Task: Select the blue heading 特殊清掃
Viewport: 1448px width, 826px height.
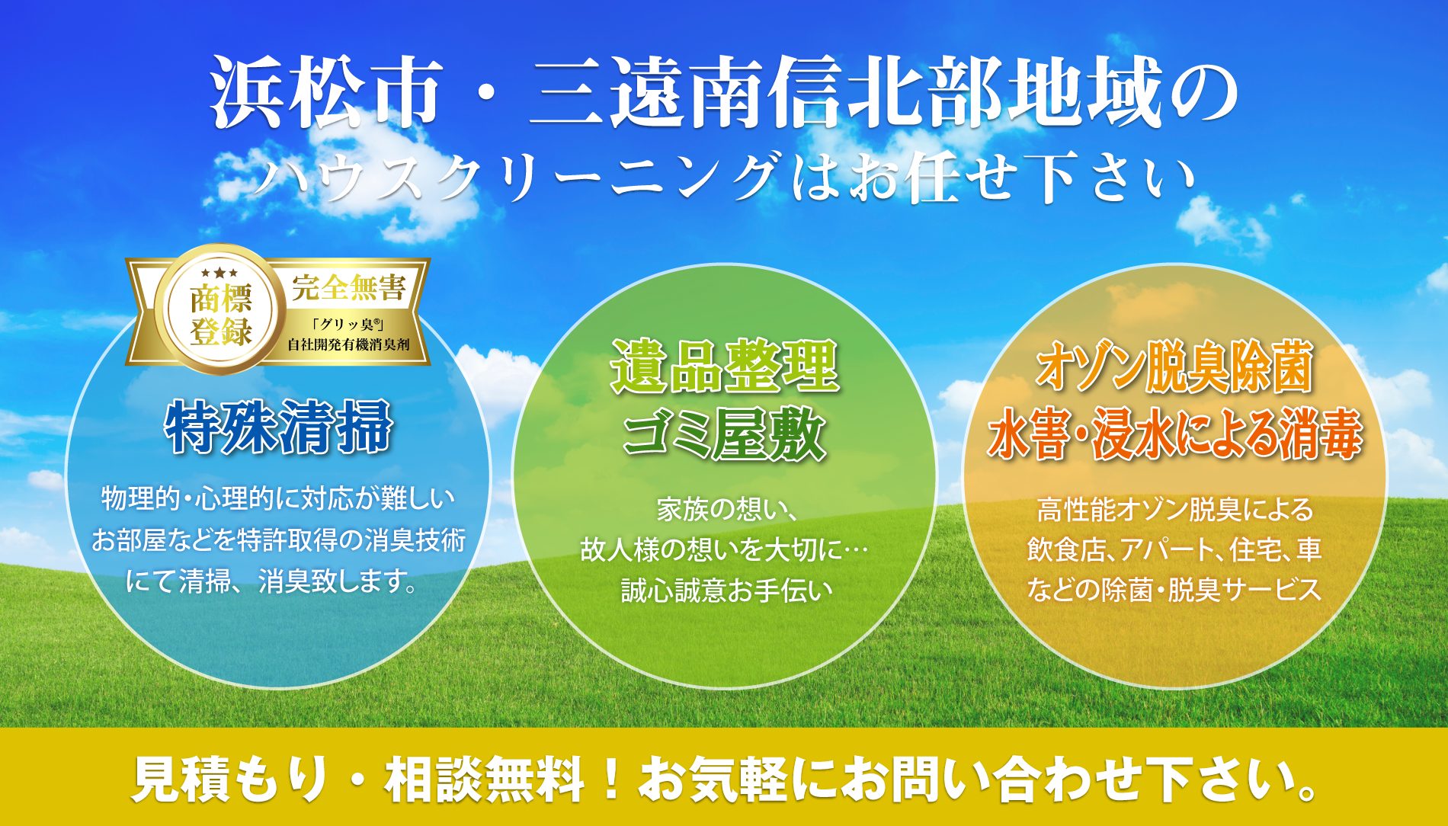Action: [x=279, y=427]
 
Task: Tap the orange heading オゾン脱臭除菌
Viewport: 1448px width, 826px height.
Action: [x=1174, y=368]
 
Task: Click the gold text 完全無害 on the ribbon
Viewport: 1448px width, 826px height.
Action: [x=348, y=288]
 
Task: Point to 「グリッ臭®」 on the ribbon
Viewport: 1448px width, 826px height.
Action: [x=348, y=324]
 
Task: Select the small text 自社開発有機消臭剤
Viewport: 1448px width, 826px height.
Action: [x=348, y=344]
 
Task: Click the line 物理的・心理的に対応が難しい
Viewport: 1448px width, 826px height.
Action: [x=278, y=499]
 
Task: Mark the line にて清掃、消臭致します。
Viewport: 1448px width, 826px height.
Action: [x=273, y=582]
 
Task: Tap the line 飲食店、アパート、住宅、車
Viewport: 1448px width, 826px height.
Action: [x=1174, y=549]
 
